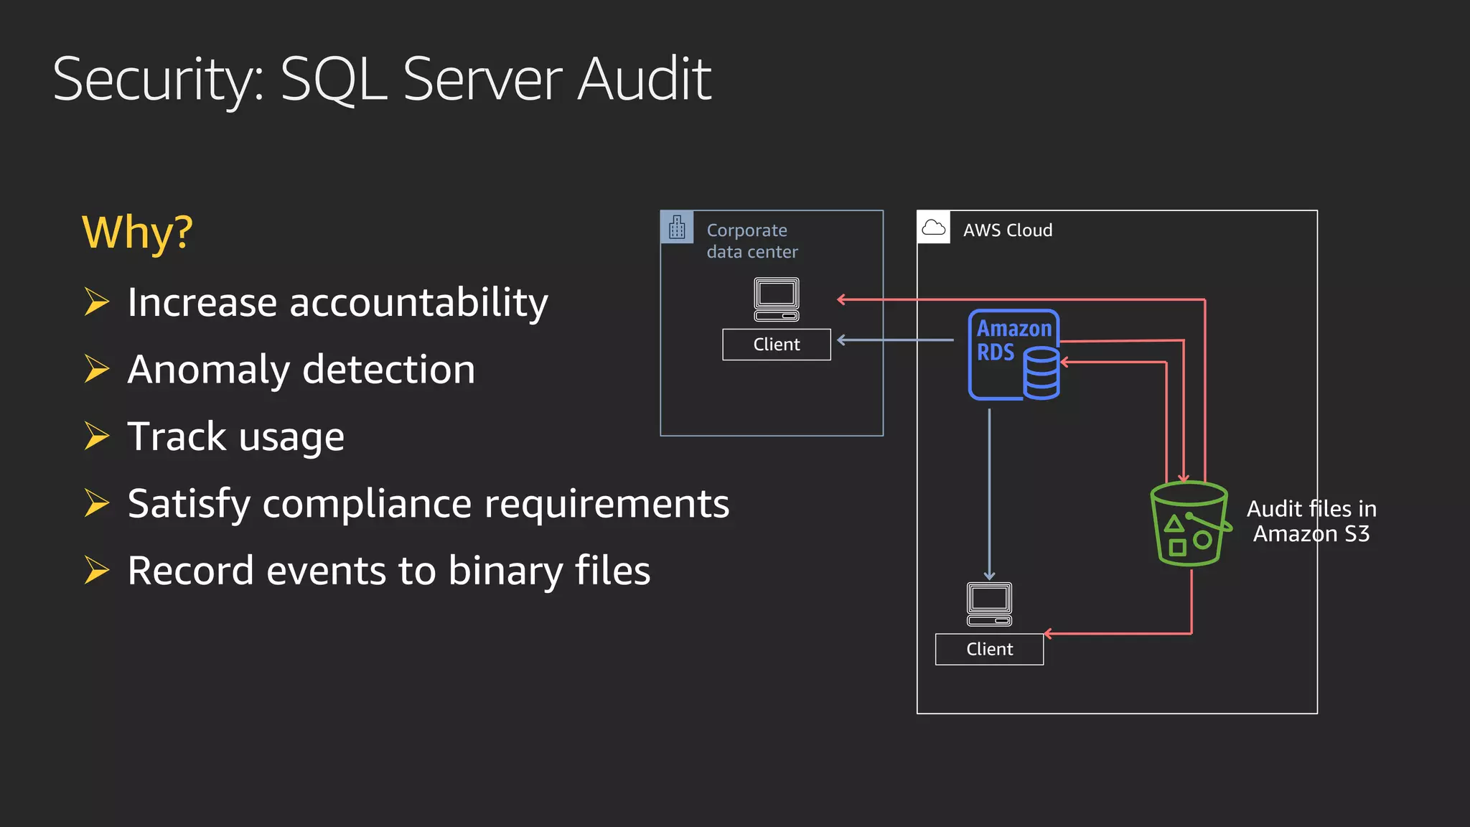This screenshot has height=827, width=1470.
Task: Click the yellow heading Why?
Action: coord(137,233)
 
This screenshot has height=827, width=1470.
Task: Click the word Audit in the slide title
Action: coord(644,79)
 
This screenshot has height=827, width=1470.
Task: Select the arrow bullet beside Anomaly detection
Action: coord(96,369)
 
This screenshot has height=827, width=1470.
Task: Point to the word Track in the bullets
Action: coord(177,436)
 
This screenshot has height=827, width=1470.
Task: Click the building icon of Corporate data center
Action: coord(677,228)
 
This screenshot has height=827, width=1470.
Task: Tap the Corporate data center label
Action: coord(752,240)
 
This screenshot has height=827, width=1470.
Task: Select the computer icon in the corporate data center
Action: coord(776,299)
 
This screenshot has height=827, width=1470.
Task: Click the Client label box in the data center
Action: coord(776,345)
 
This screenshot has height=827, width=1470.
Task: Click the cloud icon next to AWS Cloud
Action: coord(933,228)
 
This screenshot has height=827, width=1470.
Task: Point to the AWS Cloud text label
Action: coord(1007,230)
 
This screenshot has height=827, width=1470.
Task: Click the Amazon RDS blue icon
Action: coord(1013,355)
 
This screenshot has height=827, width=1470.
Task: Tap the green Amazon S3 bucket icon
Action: coord(1188,524)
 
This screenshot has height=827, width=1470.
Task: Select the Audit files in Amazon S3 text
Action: coord(1311,521)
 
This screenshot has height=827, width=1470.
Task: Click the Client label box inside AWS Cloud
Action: coord(989,649)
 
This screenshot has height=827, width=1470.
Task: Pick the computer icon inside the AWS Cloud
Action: coord(989,604)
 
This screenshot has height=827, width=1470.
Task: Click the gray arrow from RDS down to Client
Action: coord(989,495)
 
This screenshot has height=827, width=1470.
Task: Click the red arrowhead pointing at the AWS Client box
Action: coord(1048,633)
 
